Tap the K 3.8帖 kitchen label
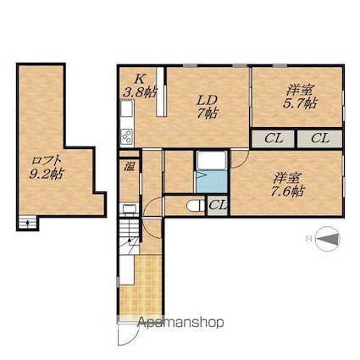pyautogui.click(x=140, y=86)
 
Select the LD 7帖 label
pyautogui.click(x=207, y=107)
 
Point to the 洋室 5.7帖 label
pyautogui.click(x=300, y=97)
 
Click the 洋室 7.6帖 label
pyautogui.click(x=287, y=185)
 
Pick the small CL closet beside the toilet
pyautogui.click(x=218, y=205)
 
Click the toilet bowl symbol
pyautogui.click(x=196, y=205)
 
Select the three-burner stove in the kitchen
pyautogui.click(x=127, y=136)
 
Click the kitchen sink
pyautogui.click(x=127, y=108)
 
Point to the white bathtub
pyautogui.click(x=212, y=161)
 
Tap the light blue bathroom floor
pyautogui.click(x=212, y=182)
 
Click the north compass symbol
pyautogui.click(x=328, y=239)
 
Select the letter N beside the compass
pyautogui.click(x=308, y=239)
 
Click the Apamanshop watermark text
pyautogui.click(x=181, y=322)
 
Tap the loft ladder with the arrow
pyautogui.click(x=28, y=223)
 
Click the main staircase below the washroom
pyautogui.click(x=130, y=236)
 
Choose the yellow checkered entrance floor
pyautogui.click(x=141, y=286)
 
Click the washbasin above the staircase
pyautogui.click(x=130, y=209)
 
